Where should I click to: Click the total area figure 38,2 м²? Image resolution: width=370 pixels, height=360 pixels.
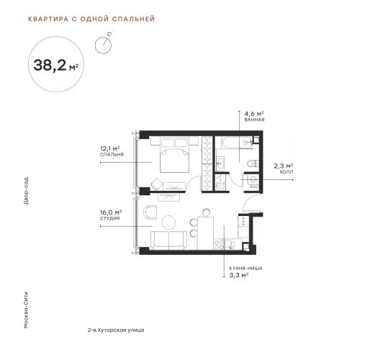[x=55, y=65]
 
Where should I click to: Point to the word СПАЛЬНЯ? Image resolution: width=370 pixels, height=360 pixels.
[x=112, y=155]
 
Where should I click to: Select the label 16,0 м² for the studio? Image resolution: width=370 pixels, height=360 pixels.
[x=111, y=212]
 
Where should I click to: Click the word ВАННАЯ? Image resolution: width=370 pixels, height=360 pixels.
[x=254, y=120]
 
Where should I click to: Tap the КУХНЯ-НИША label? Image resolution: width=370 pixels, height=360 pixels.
[x=245, y=269]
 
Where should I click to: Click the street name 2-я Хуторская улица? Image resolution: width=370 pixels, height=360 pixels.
[x=116, y=330]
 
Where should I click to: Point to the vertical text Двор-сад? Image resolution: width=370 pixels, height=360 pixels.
[x=26, y=191]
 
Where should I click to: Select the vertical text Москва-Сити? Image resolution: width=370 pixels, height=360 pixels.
[x=26, y=310]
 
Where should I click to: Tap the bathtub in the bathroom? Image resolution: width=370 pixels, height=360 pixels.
[x=234, y=143]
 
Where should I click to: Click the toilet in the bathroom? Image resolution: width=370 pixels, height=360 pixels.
[x=253, y=164]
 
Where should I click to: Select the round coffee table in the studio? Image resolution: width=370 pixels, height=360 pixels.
[x=168, y=222]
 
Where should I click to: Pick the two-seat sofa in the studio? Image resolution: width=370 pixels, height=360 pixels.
[x=168, y=240]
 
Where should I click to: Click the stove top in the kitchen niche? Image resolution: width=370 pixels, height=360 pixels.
[x=219, y=245]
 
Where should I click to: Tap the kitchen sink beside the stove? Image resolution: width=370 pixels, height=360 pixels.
[x=230, y=245]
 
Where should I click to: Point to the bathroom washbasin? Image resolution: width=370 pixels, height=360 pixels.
[x=220, y=163]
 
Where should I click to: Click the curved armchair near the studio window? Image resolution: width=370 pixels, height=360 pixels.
[x=150, y=212]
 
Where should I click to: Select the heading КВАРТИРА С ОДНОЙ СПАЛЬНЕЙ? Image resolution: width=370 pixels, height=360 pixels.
[x=91, y=19]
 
